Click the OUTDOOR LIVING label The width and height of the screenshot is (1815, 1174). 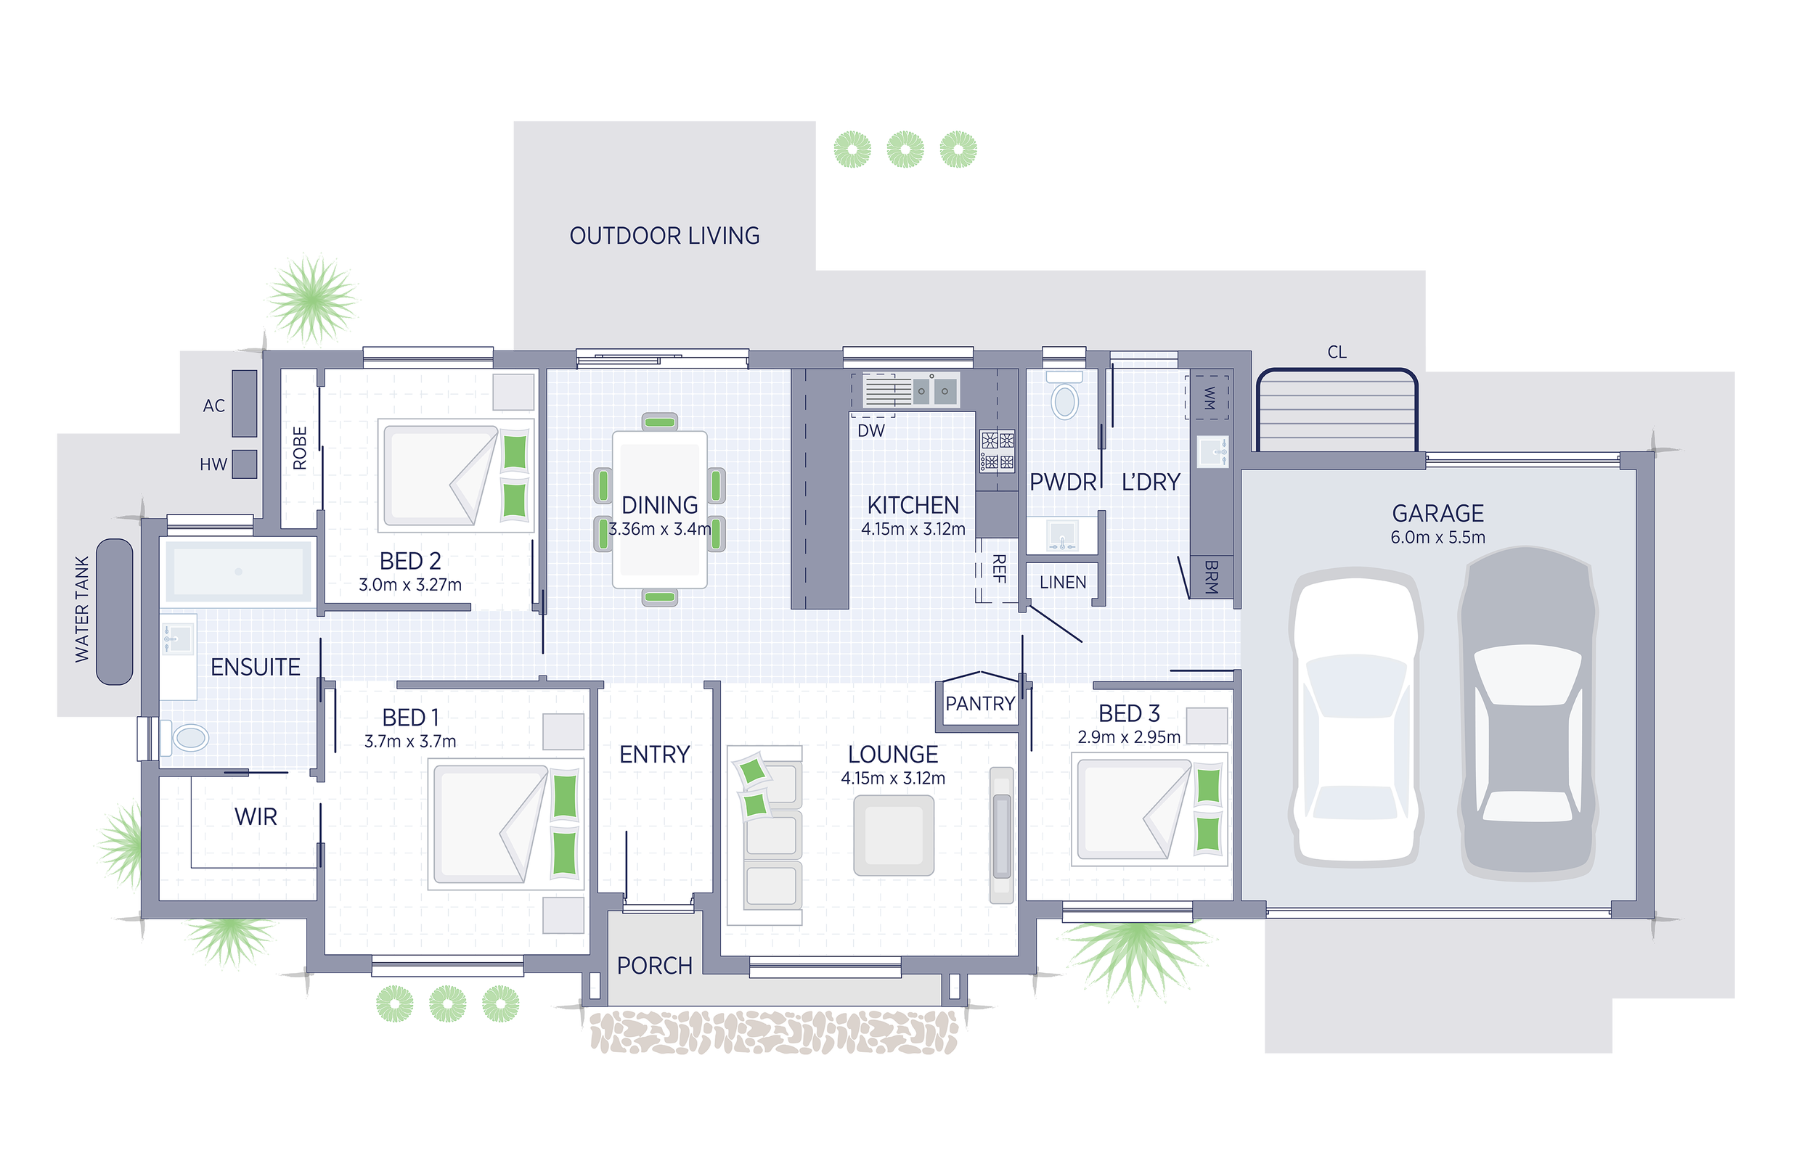[664, 236]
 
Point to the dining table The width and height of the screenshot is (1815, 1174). [660, 509]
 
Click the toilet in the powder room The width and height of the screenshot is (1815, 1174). [1064, 396]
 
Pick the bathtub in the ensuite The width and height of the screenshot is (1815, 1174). [239, 571]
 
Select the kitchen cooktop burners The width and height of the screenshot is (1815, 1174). [998, 451]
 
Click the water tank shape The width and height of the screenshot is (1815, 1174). [115, 612]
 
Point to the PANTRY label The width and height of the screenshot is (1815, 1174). [980, 704]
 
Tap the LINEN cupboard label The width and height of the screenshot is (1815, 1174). [1062, 583]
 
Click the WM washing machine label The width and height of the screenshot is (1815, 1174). [1209, 397]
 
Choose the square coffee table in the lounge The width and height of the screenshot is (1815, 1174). [894, 834]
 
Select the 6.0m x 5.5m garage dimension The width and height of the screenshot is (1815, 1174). [1437, 538]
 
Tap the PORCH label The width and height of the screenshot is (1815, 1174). [654, 966]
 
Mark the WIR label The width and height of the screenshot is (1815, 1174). [256, 817]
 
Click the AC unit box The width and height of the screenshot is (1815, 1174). [244, 403]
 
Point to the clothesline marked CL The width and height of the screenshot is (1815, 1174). [1337, 411]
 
